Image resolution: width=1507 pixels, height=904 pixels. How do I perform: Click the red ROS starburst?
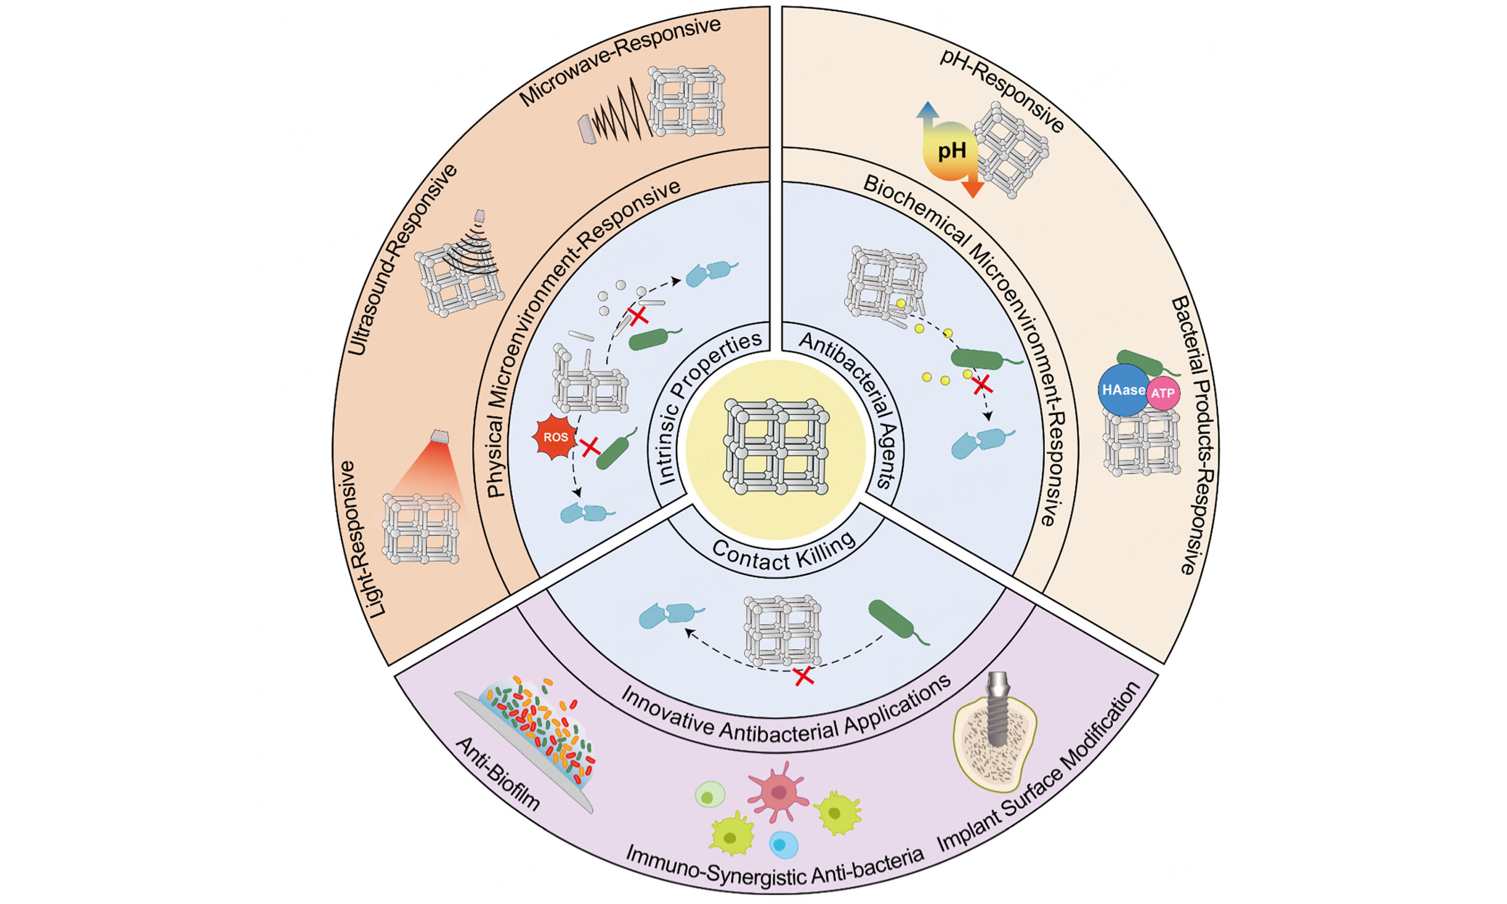coord(555,437)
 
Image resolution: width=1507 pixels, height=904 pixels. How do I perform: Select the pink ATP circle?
coord(1162,394)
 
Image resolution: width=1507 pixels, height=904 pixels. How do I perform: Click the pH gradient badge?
coord(950,151)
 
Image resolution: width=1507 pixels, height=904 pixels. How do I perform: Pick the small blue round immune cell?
coord(783,845)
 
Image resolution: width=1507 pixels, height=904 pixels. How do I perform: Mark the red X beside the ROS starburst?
coord(590,447)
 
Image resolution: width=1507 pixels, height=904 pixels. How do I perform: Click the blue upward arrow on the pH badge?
coord(927,111)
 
